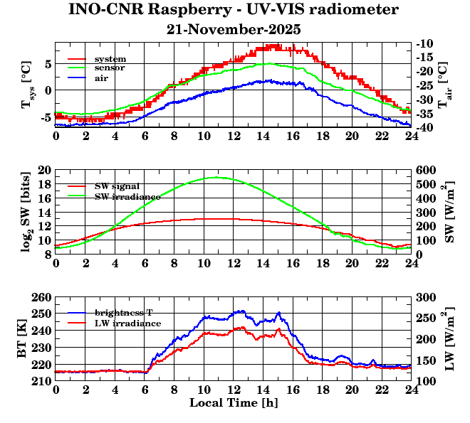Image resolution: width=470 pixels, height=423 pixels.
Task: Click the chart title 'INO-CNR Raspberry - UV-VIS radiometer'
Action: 234,11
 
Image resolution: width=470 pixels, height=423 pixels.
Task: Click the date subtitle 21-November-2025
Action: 234,30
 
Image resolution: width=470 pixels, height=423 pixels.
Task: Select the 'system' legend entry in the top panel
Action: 110,58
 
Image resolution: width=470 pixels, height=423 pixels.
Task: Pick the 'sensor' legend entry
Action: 110,68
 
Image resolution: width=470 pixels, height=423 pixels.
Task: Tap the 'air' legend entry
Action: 102,77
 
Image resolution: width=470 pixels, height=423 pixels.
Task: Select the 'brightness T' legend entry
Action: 126,313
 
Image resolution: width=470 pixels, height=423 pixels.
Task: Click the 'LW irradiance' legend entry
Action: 127,323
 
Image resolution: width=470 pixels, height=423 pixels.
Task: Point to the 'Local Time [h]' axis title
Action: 234,403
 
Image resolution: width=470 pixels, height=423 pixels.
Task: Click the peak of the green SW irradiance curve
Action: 216,178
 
